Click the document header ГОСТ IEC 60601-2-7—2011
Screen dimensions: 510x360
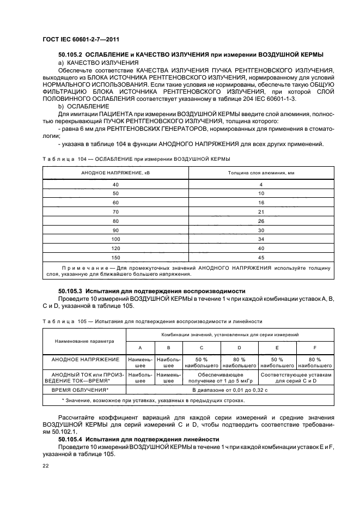[81, 39]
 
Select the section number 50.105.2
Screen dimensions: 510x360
[73, 54]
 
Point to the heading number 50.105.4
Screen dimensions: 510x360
[73, 439]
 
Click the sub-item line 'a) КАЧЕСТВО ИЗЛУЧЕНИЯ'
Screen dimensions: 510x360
[91, 63]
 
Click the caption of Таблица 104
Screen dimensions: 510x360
[136, 159]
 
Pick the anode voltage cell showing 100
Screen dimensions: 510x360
[115, 239]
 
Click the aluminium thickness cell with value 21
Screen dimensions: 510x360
[260, 211]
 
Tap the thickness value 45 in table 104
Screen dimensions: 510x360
[260, 258]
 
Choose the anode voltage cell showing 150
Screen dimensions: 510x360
[115, 258]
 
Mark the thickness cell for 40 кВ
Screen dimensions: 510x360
[260, 185]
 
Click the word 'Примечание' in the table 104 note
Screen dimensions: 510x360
[85, 268]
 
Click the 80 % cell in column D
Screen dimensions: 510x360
[239, 363]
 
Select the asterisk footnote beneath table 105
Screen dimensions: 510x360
[152, 400]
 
